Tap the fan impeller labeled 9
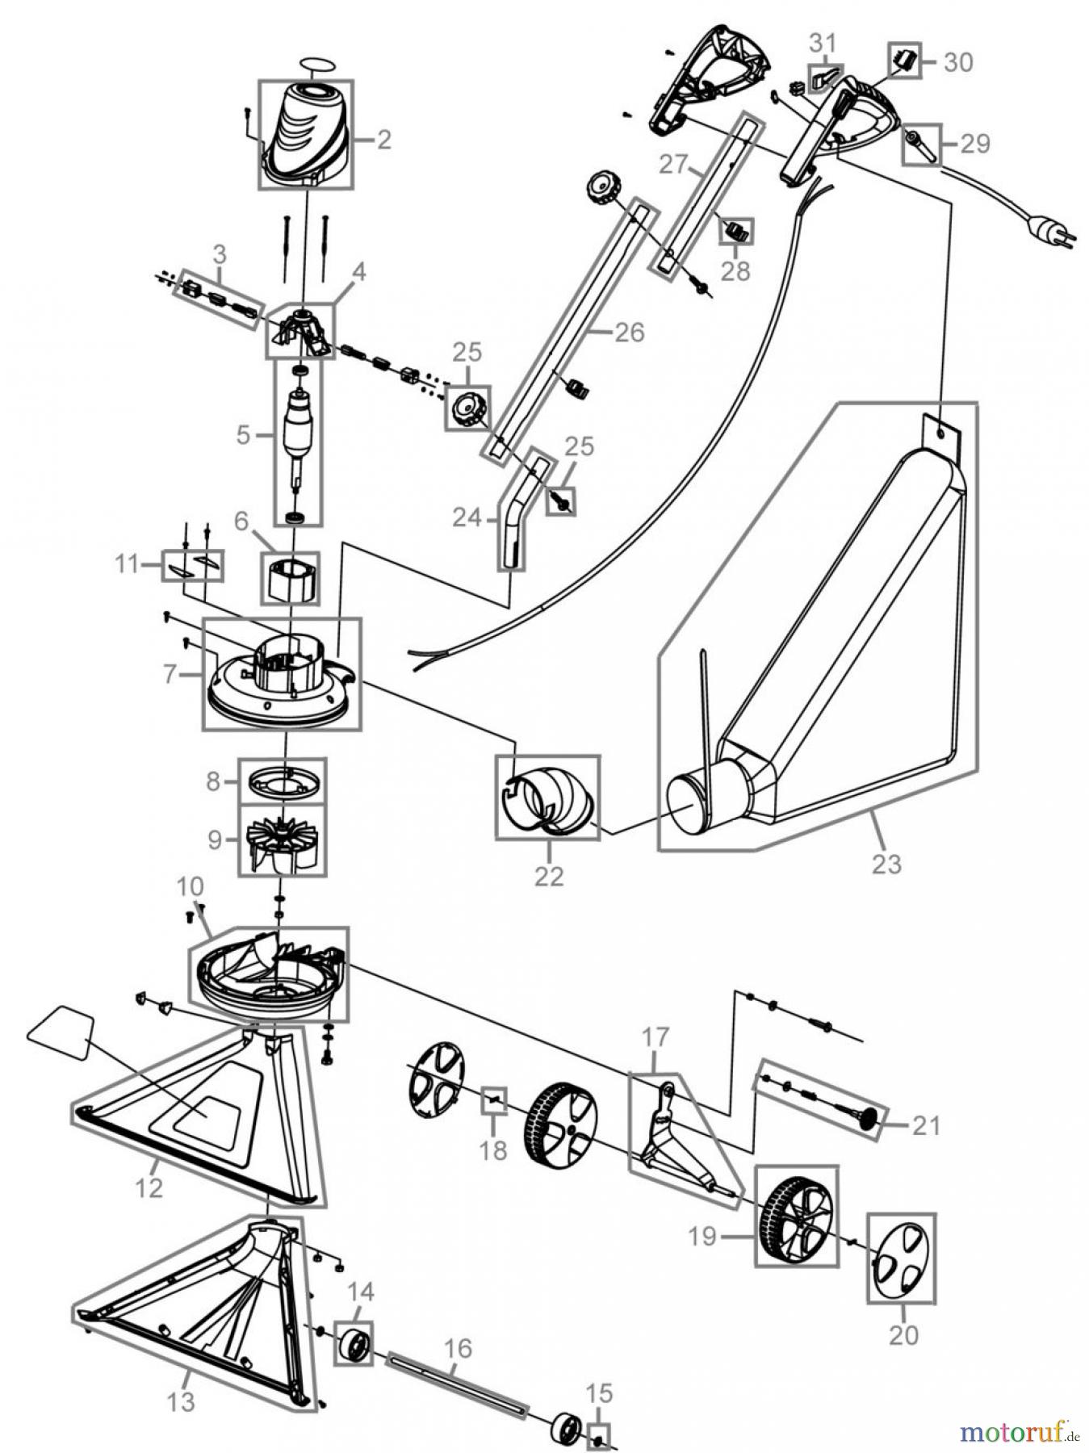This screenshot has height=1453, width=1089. (x=283, y=840)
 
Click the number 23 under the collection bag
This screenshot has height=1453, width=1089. (x=886, y=864)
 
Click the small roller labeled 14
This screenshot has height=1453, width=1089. (x=354, y=1343)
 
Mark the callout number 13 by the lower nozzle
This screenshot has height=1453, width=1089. (x=182, y=1401)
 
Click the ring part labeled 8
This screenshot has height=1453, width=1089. (x=283, y=781)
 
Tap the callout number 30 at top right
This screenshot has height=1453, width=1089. (x=958, y=62)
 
